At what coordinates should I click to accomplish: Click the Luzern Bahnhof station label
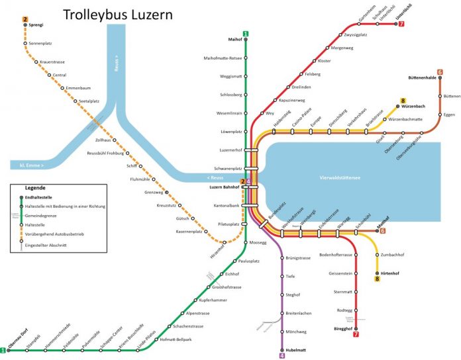(x=219, y=187)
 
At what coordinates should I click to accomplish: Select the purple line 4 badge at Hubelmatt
(x=282, y=355)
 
